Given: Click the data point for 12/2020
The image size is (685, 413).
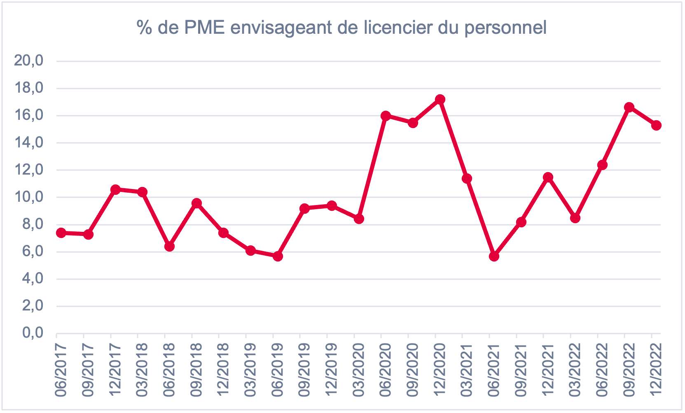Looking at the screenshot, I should tap(440, 99).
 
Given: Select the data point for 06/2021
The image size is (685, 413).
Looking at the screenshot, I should tap(494, 256).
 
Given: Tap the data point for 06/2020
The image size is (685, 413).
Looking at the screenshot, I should tap(386, 116).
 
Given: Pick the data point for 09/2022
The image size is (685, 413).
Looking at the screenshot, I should tap(629, 107).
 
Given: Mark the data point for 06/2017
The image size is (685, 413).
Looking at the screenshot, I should tap(61, 233).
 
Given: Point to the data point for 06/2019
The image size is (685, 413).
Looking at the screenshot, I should tap(278, 256).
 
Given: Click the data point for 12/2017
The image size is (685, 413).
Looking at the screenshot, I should tap(115, 189).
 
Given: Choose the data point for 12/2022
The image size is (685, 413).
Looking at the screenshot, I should tap(657, 125).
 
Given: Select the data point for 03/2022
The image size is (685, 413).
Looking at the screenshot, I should tap(575, 218).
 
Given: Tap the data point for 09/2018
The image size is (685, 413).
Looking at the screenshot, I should tap(196, 203).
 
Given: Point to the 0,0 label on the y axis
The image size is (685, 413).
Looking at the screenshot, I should tap(33, 333).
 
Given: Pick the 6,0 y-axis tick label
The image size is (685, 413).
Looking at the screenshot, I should tap(33, 251).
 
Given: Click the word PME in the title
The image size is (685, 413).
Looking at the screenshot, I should tap(205, 28).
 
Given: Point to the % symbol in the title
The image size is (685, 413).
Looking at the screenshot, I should tap(145, 28).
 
